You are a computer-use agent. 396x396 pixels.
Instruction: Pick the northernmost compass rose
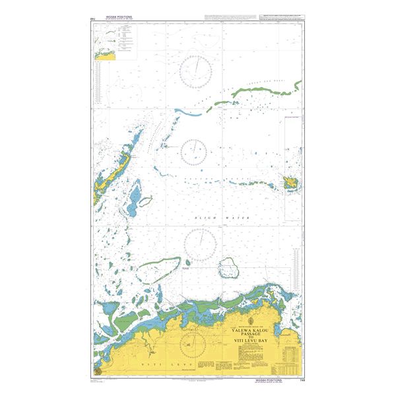coord(195,69)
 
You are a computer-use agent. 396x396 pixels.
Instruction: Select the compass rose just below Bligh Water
coord(201,243)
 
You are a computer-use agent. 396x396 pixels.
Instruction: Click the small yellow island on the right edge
coord(290,182)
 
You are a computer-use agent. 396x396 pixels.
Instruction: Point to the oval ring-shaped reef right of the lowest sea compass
coord(229,267)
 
